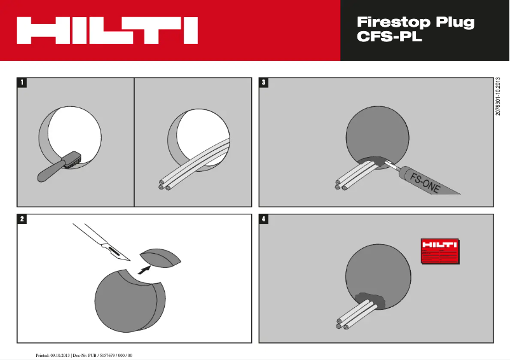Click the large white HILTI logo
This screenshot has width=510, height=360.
point(107,31)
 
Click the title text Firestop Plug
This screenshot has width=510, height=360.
point(416,22)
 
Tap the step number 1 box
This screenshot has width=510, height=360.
point(22,83)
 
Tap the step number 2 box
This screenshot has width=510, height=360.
point(22,219)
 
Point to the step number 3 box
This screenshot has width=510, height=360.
point(265,83)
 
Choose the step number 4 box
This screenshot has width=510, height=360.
point(265,219)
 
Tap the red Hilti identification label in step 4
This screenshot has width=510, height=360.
point(440,251)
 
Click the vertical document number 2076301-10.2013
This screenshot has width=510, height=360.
point(499,96)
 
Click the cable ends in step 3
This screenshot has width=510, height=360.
point(340,186)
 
